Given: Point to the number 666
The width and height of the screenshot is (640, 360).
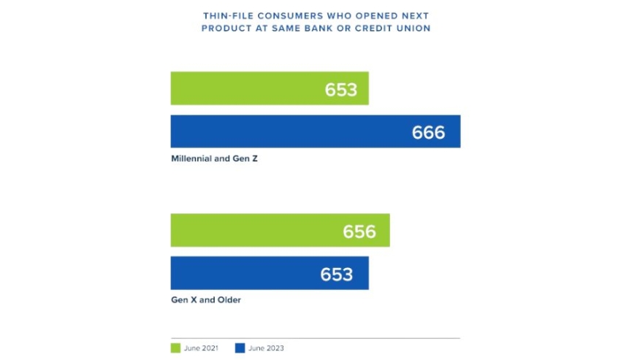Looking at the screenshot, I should tap(428, 132).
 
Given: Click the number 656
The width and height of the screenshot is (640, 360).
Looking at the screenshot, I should tap(359, 231).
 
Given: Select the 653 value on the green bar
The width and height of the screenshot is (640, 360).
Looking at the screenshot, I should tap(341, 89).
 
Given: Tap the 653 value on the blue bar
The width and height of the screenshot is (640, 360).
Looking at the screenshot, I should tap(337, 274).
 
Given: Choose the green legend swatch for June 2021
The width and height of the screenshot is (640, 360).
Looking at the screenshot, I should tap(175, 348).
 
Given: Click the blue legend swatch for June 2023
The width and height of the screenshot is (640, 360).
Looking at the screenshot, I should tap(240, 348).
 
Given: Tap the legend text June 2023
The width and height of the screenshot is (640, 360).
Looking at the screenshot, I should tap(266, 348).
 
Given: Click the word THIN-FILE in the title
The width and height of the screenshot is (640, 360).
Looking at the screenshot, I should tap(227, 15).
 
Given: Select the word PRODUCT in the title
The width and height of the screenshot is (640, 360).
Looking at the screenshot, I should tap(224, 28).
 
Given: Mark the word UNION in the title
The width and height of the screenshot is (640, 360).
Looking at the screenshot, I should tap(412, 28).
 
